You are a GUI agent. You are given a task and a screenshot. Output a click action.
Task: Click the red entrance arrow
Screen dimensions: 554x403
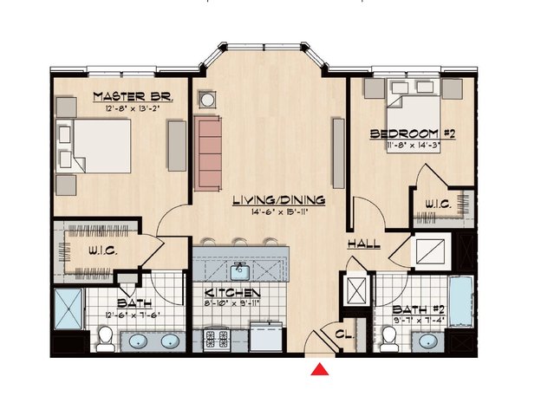pos(320,369)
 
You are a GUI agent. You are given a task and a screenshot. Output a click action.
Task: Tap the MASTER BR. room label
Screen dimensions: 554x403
pos(133,96)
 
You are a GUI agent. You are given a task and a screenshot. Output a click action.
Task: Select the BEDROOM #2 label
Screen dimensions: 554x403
pos(413,133)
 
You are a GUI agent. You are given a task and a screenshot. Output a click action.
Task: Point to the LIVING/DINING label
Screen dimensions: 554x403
pos(279,200)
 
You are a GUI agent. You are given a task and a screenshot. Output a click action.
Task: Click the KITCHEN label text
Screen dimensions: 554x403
pos(232,293)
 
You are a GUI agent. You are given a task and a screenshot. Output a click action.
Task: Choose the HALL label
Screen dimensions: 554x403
pos(364,244)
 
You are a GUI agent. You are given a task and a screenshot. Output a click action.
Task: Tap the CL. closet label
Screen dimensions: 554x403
pos(344,335)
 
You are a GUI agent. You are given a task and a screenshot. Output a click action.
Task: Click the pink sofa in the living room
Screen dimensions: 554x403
pos(208,153)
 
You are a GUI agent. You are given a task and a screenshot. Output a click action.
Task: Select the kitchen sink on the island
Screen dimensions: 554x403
pos(240,272)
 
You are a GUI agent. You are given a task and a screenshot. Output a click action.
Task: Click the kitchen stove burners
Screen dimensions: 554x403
pos(217,339)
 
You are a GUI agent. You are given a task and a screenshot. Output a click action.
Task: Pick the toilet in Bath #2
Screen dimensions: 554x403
pos(389,339)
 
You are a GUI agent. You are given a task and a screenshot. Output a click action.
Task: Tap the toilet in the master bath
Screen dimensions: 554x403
pos(105,339)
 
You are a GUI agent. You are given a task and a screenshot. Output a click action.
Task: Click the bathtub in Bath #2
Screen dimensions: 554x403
pos(460,302)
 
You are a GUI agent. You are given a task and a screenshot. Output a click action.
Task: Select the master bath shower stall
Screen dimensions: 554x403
pos(68,309)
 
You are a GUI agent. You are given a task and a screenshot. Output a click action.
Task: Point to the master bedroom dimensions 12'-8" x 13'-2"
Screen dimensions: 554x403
pos(133,108)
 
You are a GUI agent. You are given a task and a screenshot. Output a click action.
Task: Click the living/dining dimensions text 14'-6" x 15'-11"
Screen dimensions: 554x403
pos(279,212)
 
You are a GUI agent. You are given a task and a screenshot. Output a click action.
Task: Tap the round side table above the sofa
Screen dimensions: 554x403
pos(207,100)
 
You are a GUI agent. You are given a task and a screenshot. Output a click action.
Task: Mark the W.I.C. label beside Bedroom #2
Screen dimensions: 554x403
pos(438,205)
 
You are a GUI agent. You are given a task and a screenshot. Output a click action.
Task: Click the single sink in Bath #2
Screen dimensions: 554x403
pos(428,341)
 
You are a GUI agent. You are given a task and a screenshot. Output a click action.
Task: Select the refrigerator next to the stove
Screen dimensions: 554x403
pos(265,336)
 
